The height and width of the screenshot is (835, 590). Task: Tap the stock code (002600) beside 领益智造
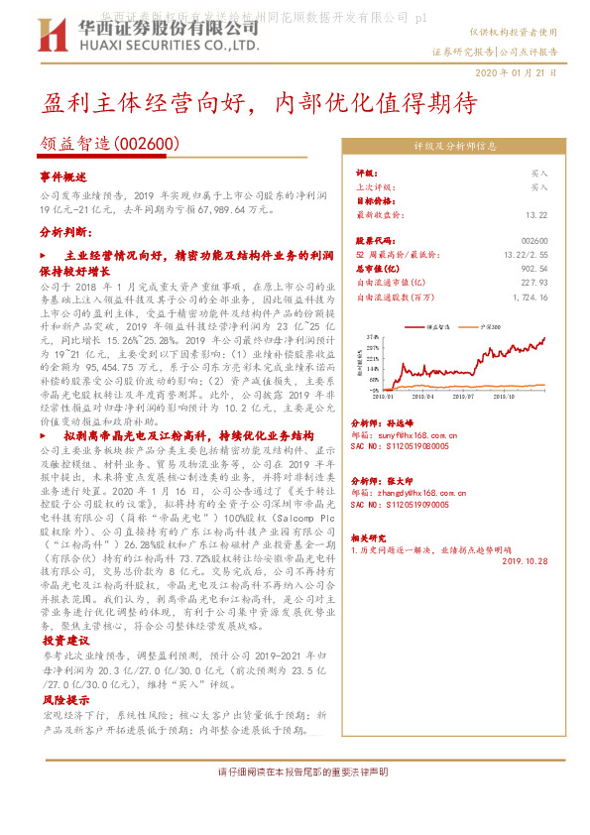pos(149,145)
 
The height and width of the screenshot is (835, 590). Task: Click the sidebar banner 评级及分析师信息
pos(454,146)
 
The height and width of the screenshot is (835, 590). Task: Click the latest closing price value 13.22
pos(535,214)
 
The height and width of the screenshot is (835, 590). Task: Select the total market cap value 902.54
pos(534,268)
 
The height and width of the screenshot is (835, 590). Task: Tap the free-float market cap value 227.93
pos(534,282)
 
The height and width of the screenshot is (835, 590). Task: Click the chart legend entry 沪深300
pos(488,324)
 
